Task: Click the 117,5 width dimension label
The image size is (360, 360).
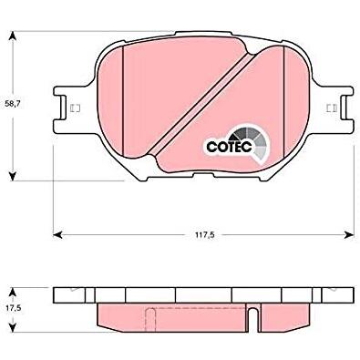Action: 203,234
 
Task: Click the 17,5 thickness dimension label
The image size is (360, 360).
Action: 13,309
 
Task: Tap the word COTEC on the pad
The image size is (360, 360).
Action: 229,147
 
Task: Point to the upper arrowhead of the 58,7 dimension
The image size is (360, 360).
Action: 12,36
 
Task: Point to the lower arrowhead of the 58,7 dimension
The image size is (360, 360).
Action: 12,176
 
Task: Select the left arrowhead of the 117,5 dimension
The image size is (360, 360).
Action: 57,234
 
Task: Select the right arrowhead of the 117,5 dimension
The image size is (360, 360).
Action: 349,234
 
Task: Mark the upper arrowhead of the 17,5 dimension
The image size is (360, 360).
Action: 12,293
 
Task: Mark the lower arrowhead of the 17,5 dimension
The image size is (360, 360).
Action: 12,327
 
